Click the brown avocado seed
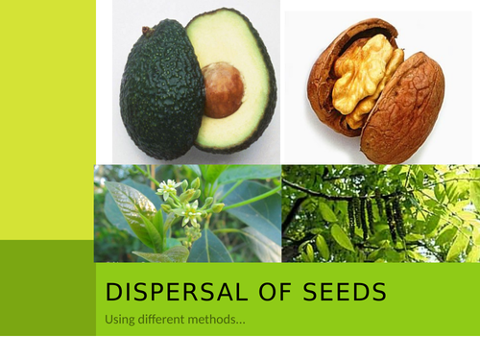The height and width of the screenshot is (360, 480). click(x=223, y=89)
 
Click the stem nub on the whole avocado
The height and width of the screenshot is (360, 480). click(x=146, y=31)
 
